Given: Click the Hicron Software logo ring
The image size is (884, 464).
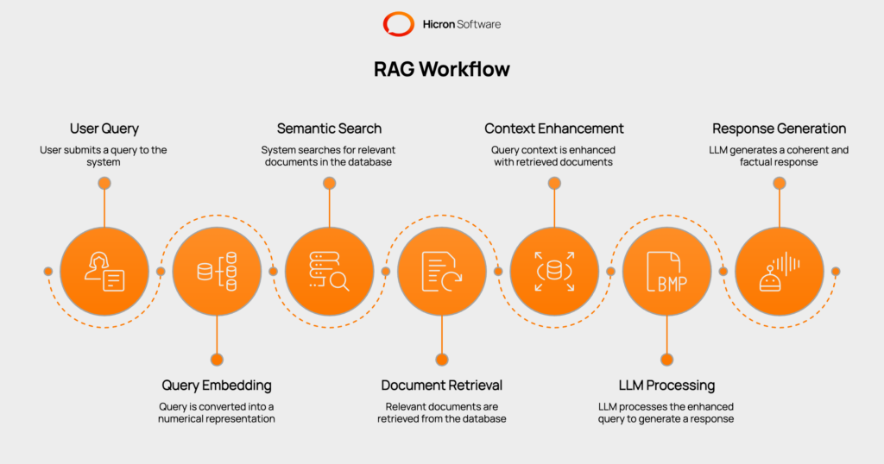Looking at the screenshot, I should pos(398,23).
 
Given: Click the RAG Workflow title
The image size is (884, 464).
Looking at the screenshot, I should pos(441,70).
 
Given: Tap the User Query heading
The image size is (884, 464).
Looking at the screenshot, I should pos(104,129).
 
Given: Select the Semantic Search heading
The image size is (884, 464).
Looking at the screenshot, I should pos(329,129).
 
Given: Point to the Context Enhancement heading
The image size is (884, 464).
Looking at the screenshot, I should pos(554,129).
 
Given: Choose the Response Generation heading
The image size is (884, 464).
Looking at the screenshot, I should pos(779,129).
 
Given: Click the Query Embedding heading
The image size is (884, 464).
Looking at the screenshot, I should pos(217,385).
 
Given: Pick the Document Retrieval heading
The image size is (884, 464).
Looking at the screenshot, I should pos(441,385).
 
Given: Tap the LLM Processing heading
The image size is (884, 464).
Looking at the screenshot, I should pos(666,385).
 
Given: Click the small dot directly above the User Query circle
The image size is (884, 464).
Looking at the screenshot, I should pos(104,183).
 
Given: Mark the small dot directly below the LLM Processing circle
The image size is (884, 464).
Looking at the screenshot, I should pos(666,360).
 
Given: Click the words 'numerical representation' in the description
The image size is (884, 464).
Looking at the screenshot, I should pos(217,418).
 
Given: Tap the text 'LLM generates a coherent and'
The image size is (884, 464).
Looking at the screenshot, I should pos(779,150).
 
